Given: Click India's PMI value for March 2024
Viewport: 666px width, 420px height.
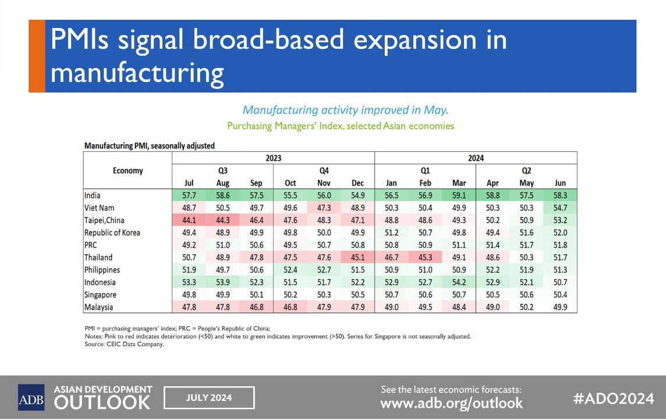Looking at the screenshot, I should click(x=459, y=195).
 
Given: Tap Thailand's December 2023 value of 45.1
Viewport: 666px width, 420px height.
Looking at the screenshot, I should click(x=358, y=257).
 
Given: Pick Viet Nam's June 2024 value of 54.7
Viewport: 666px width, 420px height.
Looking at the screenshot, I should click(x=560, y=208).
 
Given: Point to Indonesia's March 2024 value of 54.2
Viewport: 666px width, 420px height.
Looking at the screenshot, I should click(x=459, y=282).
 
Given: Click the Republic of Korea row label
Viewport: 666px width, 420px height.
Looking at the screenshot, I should click(x=112, y=233).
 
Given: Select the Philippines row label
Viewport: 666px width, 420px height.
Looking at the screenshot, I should click(x=102, y=270).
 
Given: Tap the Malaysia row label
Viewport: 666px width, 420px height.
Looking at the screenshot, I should click(x=99, y=307).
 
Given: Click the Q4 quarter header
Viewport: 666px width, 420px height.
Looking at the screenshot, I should click(x=324, y=170).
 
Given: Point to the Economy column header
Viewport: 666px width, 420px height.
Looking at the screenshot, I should click(x=127, y=170).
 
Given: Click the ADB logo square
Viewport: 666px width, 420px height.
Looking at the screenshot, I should click(x=31, y=397).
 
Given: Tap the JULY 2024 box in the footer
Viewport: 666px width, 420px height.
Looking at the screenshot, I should click(x=209, y=398).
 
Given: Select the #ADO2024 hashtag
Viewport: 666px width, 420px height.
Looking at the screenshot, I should click(x=614, y=398).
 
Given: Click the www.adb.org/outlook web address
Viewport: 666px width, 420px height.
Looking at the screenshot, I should click(x=451, y=403).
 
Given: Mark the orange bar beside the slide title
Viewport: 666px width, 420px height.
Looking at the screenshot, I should click(x=37, y=56).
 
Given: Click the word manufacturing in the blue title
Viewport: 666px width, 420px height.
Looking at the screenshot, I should click(x=137, y=74).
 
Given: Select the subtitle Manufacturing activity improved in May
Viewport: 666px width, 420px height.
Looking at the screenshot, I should click(x=345, y=110).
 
